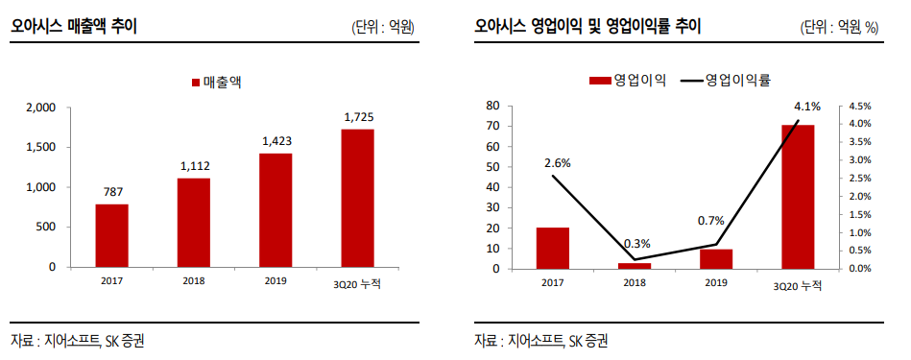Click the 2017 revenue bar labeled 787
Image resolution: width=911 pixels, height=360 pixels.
coord(111,235)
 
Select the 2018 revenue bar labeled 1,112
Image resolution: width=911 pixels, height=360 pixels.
coord(194,222)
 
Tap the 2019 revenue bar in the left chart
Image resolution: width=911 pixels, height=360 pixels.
coord(276,209)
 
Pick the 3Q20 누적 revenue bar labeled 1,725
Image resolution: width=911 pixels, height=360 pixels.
coord(358,198)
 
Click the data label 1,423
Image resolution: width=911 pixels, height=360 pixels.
coord(276,141)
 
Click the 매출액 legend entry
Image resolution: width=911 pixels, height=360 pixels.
coord(216,83)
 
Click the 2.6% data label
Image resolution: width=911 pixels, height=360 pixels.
coord(558,163)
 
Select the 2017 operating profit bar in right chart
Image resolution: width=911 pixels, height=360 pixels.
coord(553,248)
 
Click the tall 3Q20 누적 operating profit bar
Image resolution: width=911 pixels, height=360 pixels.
coord(798,197)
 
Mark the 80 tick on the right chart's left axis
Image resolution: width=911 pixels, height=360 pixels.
coord(493,105)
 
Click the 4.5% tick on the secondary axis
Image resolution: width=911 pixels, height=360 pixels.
coord(860,106)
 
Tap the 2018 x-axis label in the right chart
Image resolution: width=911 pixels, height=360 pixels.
coord(635,283)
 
